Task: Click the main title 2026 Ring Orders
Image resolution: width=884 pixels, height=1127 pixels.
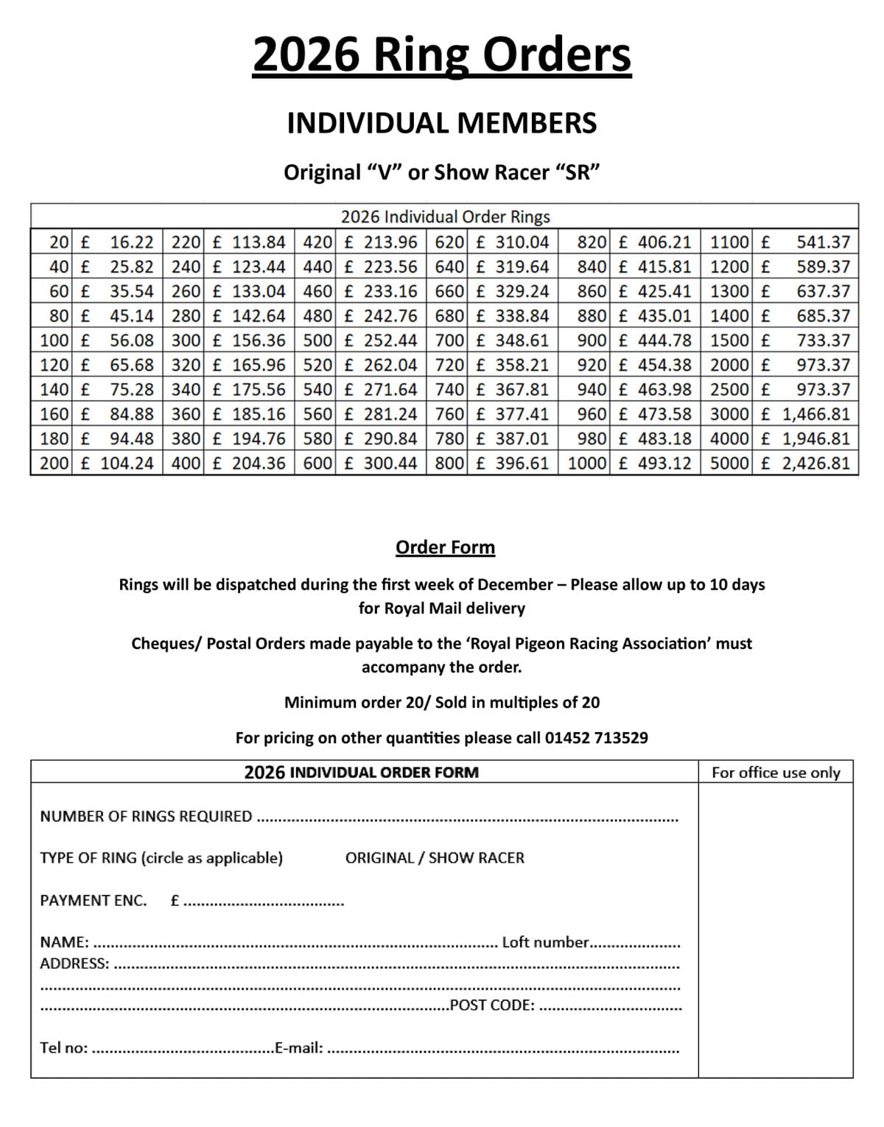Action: [x=442, y=55]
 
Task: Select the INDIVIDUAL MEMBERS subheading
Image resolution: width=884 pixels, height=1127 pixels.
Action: [x=442, y=123]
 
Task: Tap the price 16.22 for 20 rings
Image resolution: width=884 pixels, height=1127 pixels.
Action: [x=132, y=242]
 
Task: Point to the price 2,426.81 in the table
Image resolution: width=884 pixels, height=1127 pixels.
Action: [x=816, y=463]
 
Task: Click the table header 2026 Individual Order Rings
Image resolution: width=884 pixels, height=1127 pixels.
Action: [x=445, y=217]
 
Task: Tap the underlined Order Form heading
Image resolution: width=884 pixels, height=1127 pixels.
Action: [x=445, y=547]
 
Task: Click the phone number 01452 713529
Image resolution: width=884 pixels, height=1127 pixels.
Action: [x=596, y=737]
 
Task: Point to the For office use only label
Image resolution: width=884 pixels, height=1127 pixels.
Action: [x=776, y=772]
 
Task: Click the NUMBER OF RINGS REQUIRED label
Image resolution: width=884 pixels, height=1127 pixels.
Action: [x=146, y=816]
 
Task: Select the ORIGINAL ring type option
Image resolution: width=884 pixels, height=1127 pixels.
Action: [x=379, y=857]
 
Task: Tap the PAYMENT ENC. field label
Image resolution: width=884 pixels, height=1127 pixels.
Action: [x=94, y=900]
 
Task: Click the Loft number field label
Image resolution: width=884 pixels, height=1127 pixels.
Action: [x=545, y=942]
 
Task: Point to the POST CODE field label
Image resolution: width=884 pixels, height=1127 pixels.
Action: [x=492, y=1005]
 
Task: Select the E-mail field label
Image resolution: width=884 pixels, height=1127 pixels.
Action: [x=298, y=1047]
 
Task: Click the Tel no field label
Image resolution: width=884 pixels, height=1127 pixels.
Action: [x=64, y=1047]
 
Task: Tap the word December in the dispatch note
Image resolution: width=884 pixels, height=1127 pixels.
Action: [x=515, y=585]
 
